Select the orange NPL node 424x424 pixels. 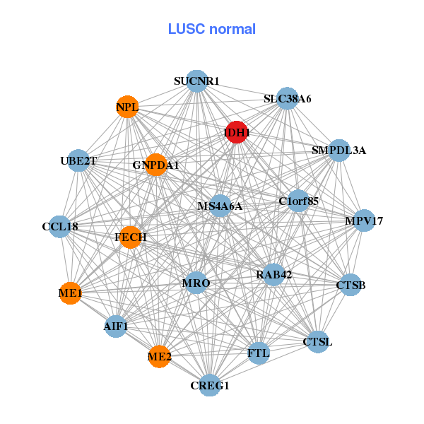127,107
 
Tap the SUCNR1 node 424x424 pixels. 196,81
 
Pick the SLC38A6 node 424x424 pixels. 288,99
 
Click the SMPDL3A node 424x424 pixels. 339,150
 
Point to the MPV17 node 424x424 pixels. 364,221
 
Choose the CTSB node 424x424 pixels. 351,285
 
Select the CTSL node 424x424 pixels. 317,342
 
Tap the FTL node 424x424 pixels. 259,353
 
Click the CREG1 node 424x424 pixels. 210,385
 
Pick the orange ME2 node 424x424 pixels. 160,358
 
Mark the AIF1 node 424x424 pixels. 116,326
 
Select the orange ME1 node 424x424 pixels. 70,293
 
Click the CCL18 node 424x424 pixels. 60,227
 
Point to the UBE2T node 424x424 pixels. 78,161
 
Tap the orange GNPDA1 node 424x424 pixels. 155,165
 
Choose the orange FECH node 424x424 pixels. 131,237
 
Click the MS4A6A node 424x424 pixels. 220,206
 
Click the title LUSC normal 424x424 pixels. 211,29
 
